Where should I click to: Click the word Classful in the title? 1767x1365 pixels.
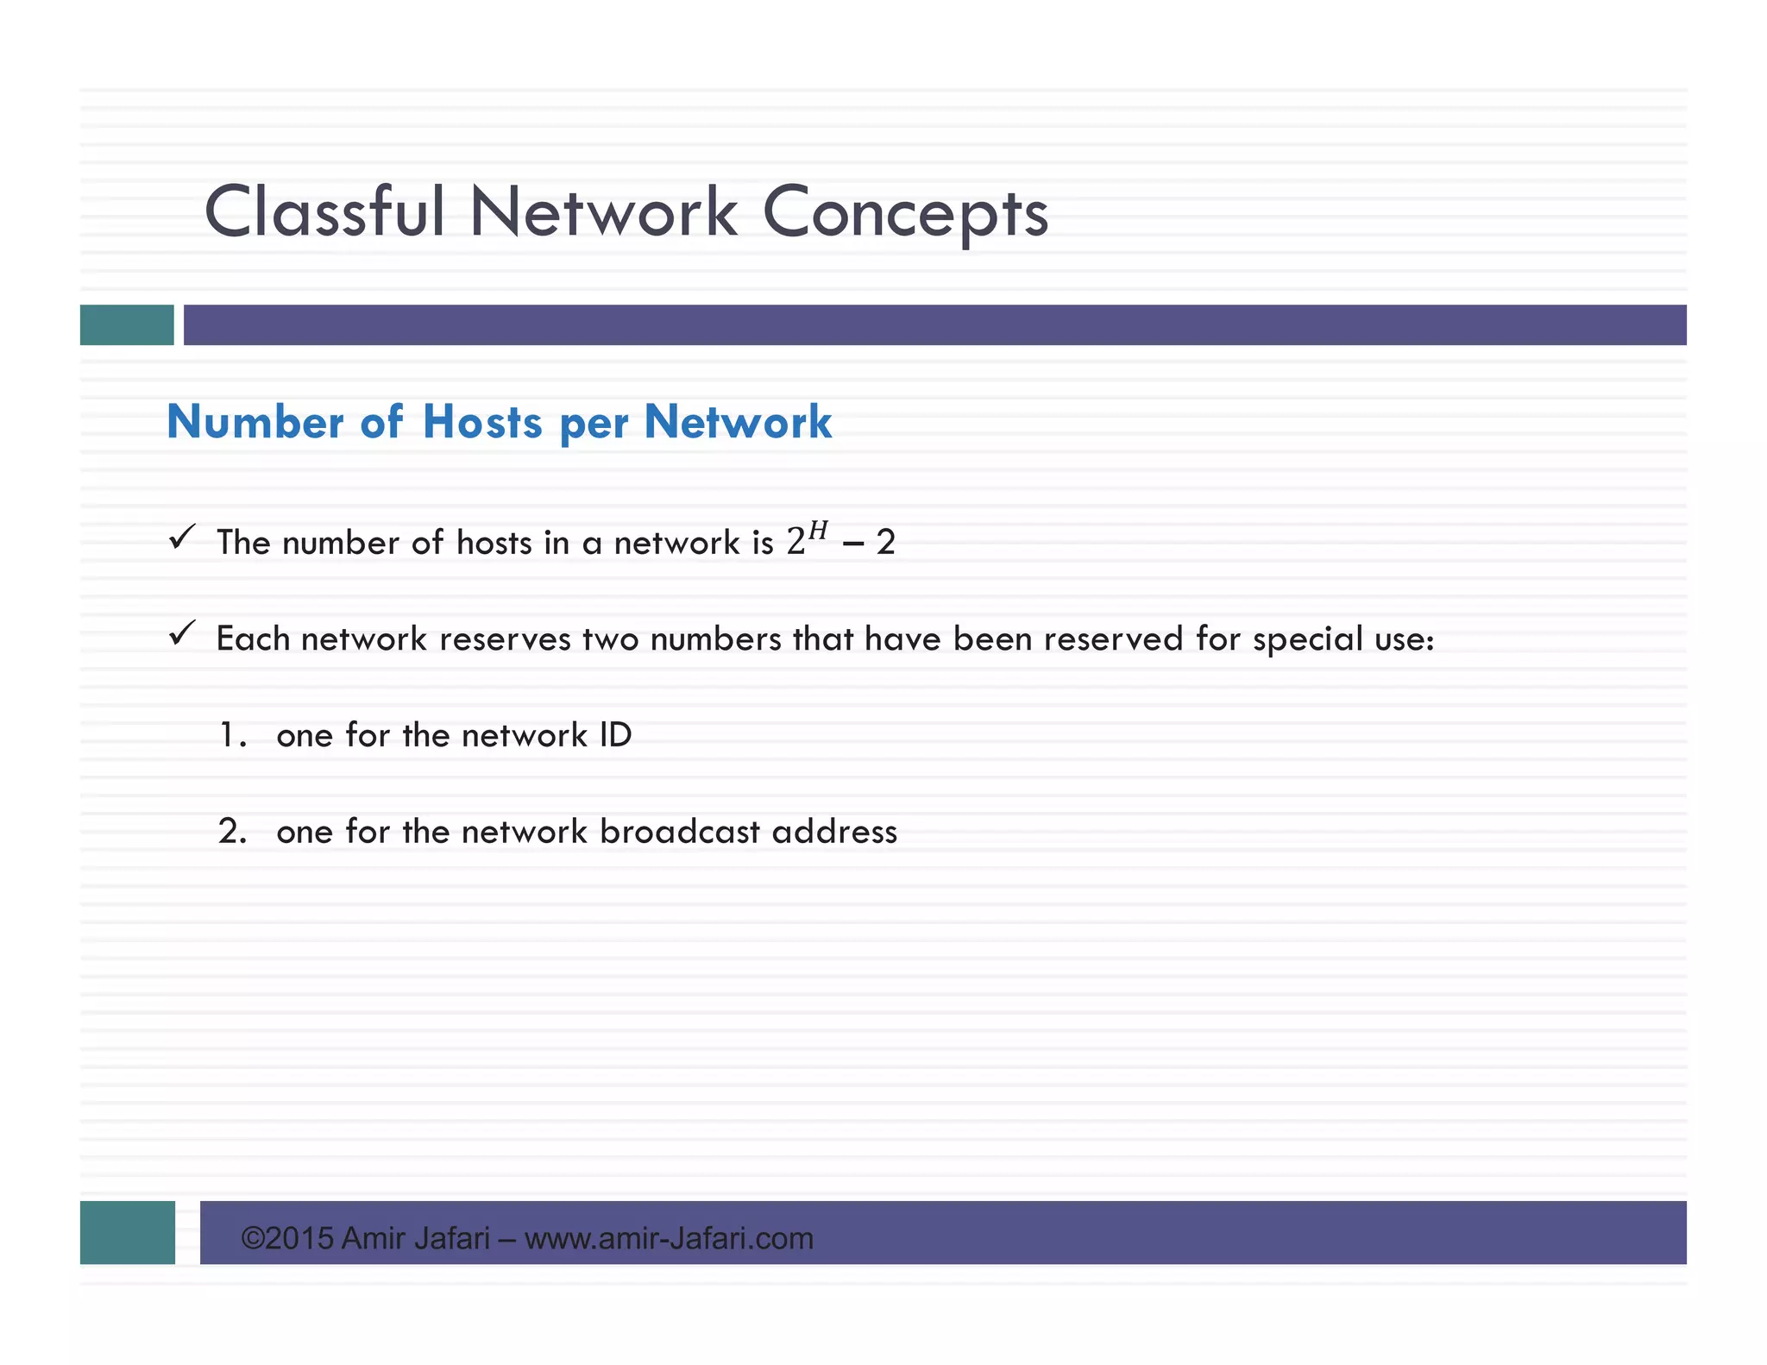324,212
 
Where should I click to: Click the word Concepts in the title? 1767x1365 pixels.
905,214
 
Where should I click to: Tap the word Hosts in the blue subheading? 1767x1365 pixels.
482,422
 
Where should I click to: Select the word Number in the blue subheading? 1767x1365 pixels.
255,422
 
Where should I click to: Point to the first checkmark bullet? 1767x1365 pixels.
182,538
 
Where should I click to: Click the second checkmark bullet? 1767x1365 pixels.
182,634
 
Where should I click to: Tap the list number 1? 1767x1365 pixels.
232,735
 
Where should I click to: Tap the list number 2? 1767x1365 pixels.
232,832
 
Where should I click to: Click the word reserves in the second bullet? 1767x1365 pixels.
506,639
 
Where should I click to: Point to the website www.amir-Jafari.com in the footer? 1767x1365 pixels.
669,1238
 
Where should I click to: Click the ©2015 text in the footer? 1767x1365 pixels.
287,1238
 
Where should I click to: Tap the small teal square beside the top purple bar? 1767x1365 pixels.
127,324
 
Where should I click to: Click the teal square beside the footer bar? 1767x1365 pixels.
127,1232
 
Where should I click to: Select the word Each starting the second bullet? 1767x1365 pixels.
253,638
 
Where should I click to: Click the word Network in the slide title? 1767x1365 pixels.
603,212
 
